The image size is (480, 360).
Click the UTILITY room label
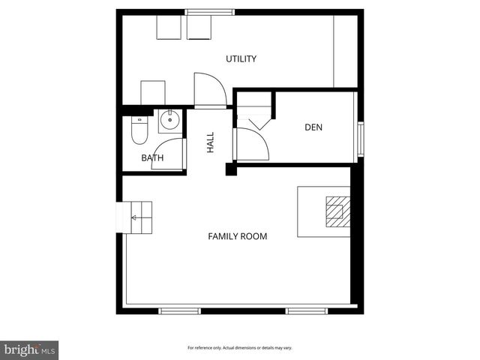tap(241, 58)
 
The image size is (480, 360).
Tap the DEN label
tap(313, 127)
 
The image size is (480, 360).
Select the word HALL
tap(211, 142)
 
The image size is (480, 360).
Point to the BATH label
tap(152, 158)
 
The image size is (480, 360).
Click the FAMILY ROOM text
tap(237, 236)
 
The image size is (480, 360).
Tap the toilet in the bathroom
tap(139, 130)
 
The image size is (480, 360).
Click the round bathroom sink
tap(170, 118)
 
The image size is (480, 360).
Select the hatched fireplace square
tap(337, 211)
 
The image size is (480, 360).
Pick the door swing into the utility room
tap(209, 88)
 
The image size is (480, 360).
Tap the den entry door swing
tap(252, 142)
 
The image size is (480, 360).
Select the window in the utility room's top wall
tap(209, 12)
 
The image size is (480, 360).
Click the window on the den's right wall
tap(360, 138)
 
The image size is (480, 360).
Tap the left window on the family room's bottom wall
tap(180, 310)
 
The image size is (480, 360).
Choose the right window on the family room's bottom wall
tap(307, 310)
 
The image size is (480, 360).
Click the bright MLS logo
tap(29, 349)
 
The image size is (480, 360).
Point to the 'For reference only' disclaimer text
tap(239, 348)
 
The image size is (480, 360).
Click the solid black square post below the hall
tap(231, 170)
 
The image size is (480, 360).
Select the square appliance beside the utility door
tap(153, 92)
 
